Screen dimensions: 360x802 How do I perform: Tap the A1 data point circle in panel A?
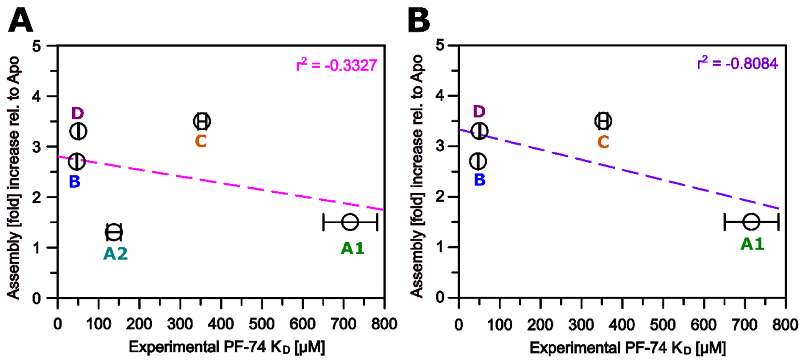[350, 222]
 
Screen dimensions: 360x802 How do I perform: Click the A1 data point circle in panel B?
[751, 222]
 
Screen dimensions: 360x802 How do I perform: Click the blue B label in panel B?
[479, 180]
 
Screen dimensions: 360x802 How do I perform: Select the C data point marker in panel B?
[603, 121]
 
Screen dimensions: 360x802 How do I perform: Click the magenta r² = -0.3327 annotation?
[336, 65]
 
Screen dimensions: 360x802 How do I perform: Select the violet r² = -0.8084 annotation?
[737, 63]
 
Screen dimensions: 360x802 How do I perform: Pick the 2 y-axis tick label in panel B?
[440, 197]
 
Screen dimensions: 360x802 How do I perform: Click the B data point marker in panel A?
[77, 161]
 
